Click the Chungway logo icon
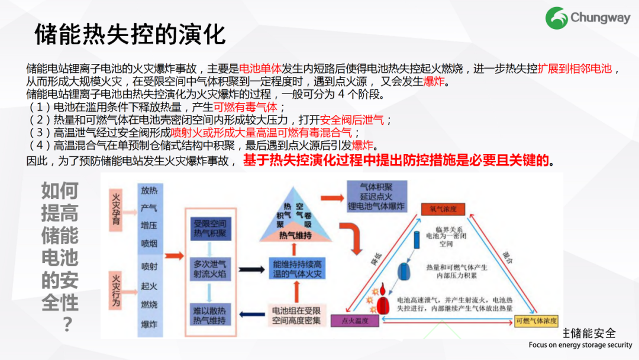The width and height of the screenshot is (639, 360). pyautogui.click(x=556, y=18)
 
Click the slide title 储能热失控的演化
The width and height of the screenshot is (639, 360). pyautogui.click(x=130, y=34)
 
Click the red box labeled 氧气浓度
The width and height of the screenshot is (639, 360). pyautogui.click(x=443, y=209)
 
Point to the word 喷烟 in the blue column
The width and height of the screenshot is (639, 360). pyautogui.click(x=149, y=243)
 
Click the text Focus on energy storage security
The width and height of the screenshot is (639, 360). pyautogui.click(x=580, y=345)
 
